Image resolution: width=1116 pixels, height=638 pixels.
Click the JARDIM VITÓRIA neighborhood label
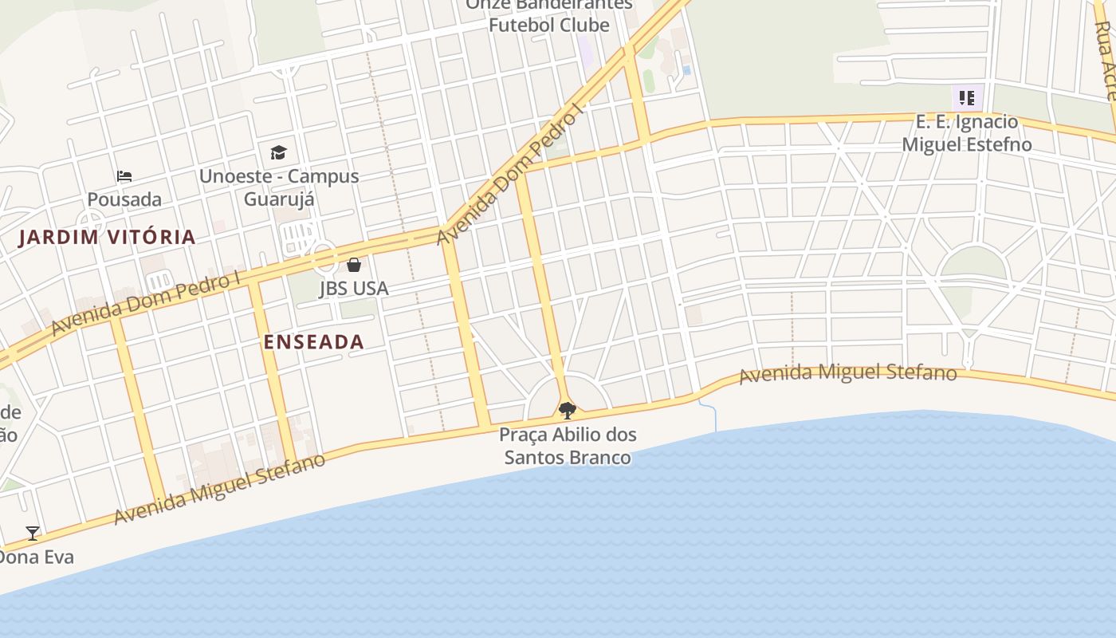107,237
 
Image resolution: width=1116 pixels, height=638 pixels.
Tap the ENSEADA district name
314,342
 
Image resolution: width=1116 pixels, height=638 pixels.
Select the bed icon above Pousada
124,176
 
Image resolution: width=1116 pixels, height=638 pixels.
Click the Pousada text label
124,199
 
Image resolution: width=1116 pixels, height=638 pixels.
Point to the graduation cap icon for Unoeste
278,152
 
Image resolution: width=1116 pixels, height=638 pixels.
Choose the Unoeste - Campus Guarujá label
279,187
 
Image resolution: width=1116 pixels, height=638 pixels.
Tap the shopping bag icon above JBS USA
354,265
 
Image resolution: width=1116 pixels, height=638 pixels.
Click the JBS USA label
354,289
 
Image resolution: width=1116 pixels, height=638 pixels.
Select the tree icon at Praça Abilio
568,411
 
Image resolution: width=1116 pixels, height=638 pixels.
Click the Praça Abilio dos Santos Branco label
568,446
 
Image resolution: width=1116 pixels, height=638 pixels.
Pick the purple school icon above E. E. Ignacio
967,99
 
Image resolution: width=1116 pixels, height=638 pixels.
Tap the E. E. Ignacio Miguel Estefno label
967,133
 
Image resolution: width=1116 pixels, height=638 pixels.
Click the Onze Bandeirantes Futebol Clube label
549,15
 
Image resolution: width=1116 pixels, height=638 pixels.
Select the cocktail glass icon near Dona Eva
33,534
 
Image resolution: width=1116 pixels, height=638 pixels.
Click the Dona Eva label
37,557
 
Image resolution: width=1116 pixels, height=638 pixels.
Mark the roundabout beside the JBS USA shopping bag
324,257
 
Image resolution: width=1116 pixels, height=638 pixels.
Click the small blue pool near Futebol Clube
686,70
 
